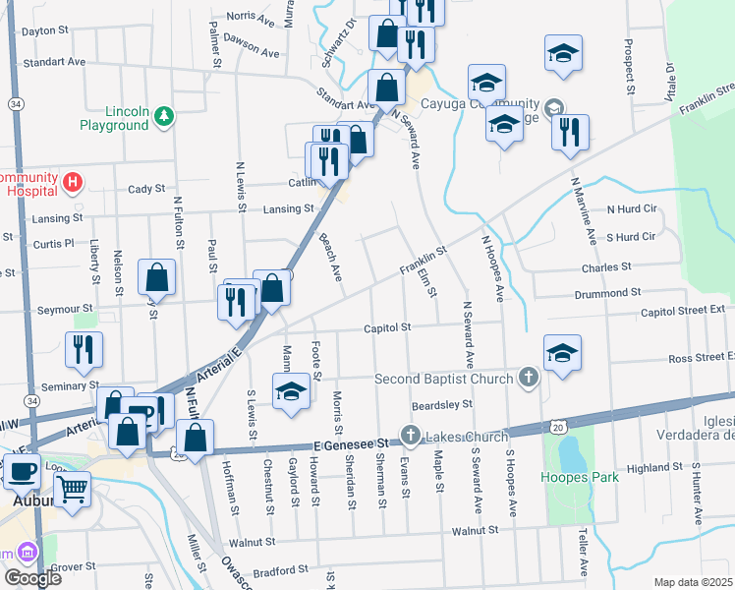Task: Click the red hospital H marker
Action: pyautogui.click(x=71, y=182)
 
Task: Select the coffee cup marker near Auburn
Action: pyautogui.click(x=22, y=470)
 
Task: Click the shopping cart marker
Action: pyautogui.click(x=72, y=487)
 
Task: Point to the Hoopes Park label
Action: pyautogui.click(x=580, y=478)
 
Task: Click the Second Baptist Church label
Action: pyautogui.click(x=444, y=379)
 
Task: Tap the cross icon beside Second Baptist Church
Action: pyautogui.click(x=529, y=378)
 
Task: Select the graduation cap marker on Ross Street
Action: pyautogui.click(x=562, y=352)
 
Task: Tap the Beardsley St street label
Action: pyautogui.click(x=442, y=403)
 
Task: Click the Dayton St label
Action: pyautogui.click(x=44, y=30)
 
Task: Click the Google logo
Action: pyautogui.click(x=32, y=578)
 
